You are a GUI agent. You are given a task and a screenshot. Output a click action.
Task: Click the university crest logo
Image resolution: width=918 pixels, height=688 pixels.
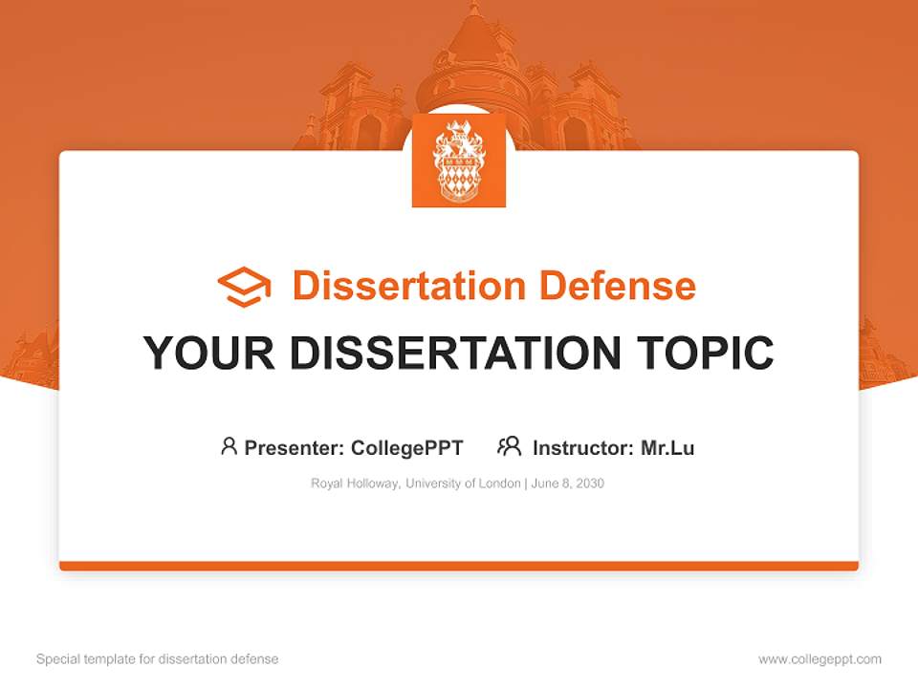click(x=458, y=161)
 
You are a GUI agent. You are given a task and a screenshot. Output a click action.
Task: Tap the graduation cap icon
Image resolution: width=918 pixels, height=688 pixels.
click(x=244, y=287)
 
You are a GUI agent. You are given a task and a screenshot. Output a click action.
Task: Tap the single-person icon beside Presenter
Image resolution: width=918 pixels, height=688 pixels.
click(x=229, y=446)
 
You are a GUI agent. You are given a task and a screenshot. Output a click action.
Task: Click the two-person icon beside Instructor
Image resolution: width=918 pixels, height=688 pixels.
click(x=509, y=446)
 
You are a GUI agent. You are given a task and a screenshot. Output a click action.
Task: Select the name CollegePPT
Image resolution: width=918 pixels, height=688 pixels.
click(x=407, y=447)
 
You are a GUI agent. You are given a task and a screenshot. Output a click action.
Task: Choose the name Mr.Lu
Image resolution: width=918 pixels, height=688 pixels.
click(x=667, y=447)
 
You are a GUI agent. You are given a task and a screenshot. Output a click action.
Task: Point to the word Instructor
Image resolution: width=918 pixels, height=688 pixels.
click(x=582, y=447)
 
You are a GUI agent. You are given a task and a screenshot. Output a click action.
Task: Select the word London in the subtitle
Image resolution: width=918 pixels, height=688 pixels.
click(x=499, y=484)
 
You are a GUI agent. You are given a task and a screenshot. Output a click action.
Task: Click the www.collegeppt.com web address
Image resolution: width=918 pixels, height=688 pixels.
click(x=820, y=659)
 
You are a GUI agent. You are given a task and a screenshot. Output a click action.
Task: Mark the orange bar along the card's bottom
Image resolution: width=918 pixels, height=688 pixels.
click(x=459, y=566)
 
